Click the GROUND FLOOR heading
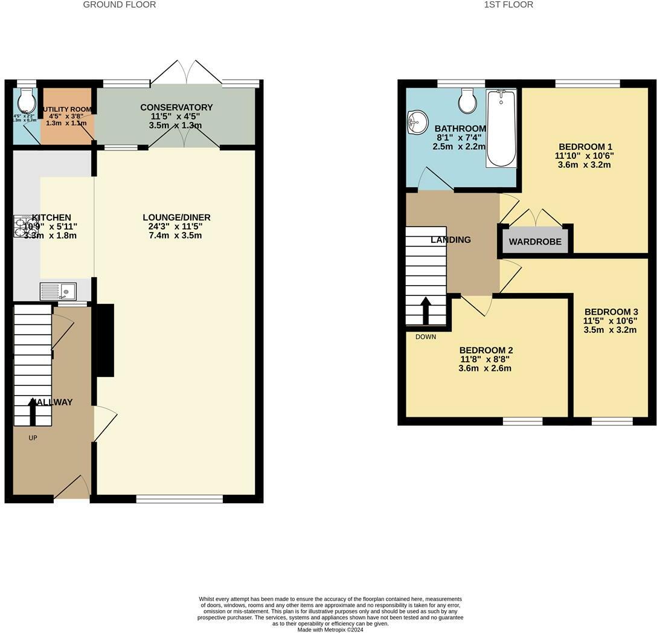tap(119, 5)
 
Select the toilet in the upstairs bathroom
tap(467, 101)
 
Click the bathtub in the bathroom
tap(501, 129)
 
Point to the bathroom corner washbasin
tap(416, 121)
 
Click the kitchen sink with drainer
tap(58, 291)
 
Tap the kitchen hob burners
tap(22, 227)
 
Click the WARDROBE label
tap(534, 242)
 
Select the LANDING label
tap(450, 240)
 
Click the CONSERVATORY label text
tap(176, 108)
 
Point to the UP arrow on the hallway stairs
tap(33, 412)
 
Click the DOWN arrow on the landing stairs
tap(425, 310)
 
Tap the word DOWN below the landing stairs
tap(425, 337)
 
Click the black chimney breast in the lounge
tap(105, 341)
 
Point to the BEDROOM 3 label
tap(611, 312)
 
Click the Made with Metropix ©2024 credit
tap(330, 629)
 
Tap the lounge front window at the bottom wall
tap(179, 499)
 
